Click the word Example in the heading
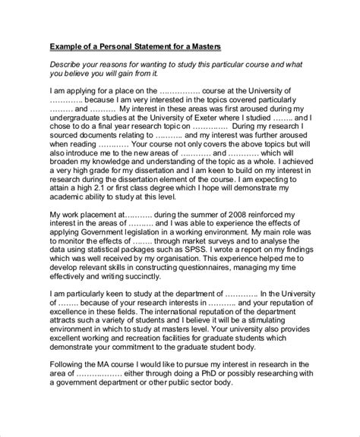pos(68,46)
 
